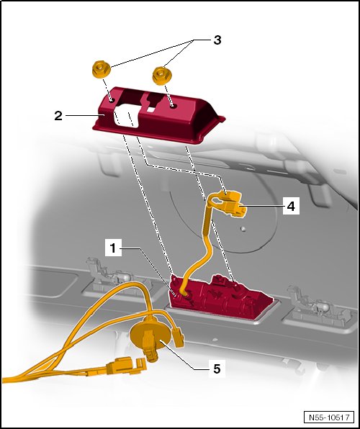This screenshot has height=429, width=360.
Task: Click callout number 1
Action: [x=113, y=248]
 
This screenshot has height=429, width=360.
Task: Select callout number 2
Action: [x=58, y=116]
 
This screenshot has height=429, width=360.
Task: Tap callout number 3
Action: [x=217, y=40]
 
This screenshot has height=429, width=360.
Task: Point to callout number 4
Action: [x=291, y=206]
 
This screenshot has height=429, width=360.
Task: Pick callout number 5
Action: [x=217, y=369]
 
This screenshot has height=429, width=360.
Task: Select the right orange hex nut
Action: [x=161, y=76]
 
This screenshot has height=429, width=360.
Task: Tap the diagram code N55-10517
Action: [x=329, y=417]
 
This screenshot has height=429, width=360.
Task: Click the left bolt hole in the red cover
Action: [x=112, y=101]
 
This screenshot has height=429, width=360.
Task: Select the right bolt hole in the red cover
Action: [x=172, y=106]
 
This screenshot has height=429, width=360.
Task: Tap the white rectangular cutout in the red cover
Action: [x=127, y=115]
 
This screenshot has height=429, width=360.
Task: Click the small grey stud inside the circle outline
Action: [x=243, y=228]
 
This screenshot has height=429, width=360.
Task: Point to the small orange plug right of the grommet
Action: [x=179, y=338]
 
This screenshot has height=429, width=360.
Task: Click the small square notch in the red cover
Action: [x=150, y=109]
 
